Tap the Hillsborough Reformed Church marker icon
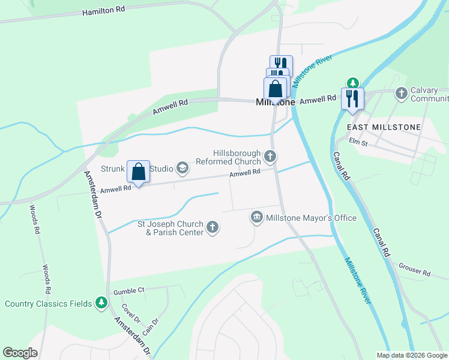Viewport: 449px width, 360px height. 270,157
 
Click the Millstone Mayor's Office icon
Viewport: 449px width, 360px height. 257,217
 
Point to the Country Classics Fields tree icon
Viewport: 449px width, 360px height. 102,303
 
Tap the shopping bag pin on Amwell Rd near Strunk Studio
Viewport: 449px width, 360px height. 139,172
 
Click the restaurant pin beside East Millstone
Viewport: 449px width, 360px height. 352,98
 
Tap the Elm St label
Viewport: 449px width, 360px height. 359,142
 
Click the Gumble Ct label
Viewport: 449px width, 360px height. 129,290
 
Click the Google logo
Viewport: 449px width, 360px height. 20,353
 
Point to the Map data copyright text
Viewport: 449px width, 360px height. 411,355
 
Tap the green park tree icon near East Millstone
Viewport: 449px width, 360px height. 353,83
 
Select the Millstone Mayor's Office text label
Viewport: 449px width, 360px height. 312,218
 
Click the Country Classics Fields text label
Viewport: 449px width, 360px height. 49,304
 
